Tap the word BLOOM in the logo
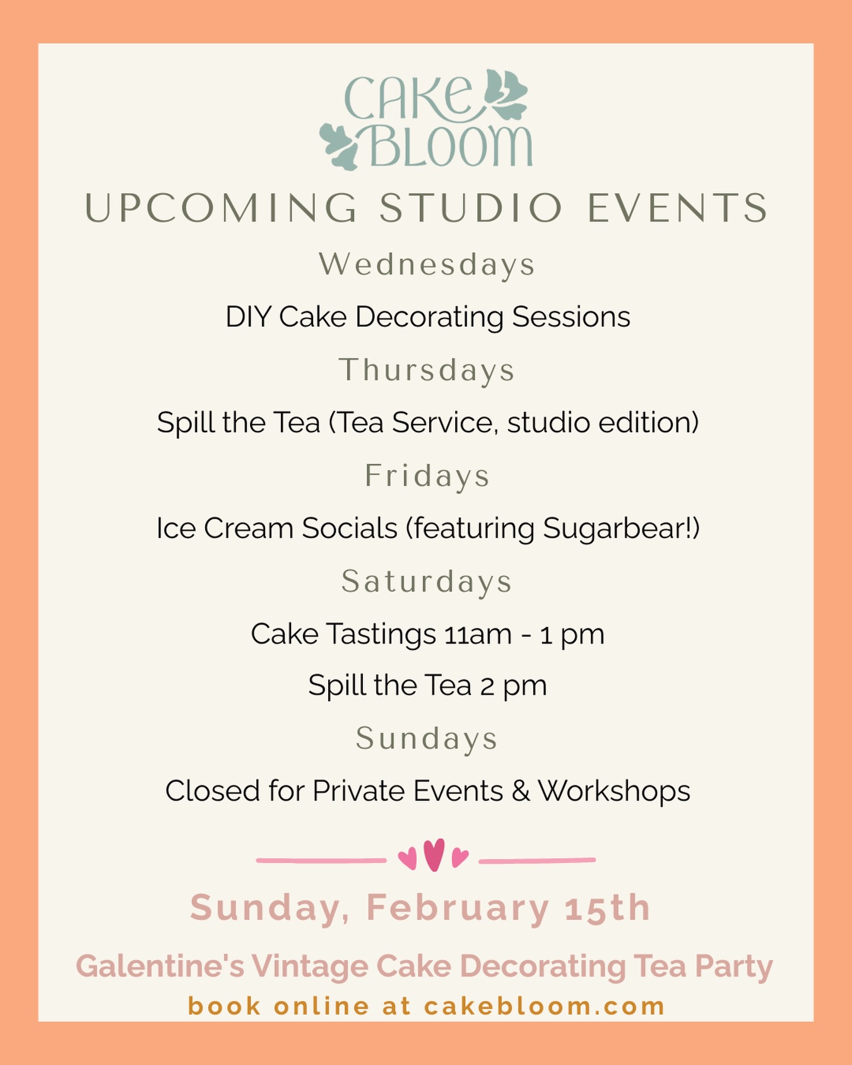450,146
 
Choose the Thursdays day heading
427,370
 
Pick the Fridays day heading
427,476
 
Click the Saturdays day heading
427,582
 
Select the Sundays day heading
427,738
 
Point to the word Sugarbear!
621,529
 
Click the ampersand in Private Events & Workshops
521,791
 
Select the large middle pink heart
434,855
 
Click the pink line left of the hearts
321,860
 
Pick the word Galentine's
160,967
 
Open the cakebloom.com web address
544,1006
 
